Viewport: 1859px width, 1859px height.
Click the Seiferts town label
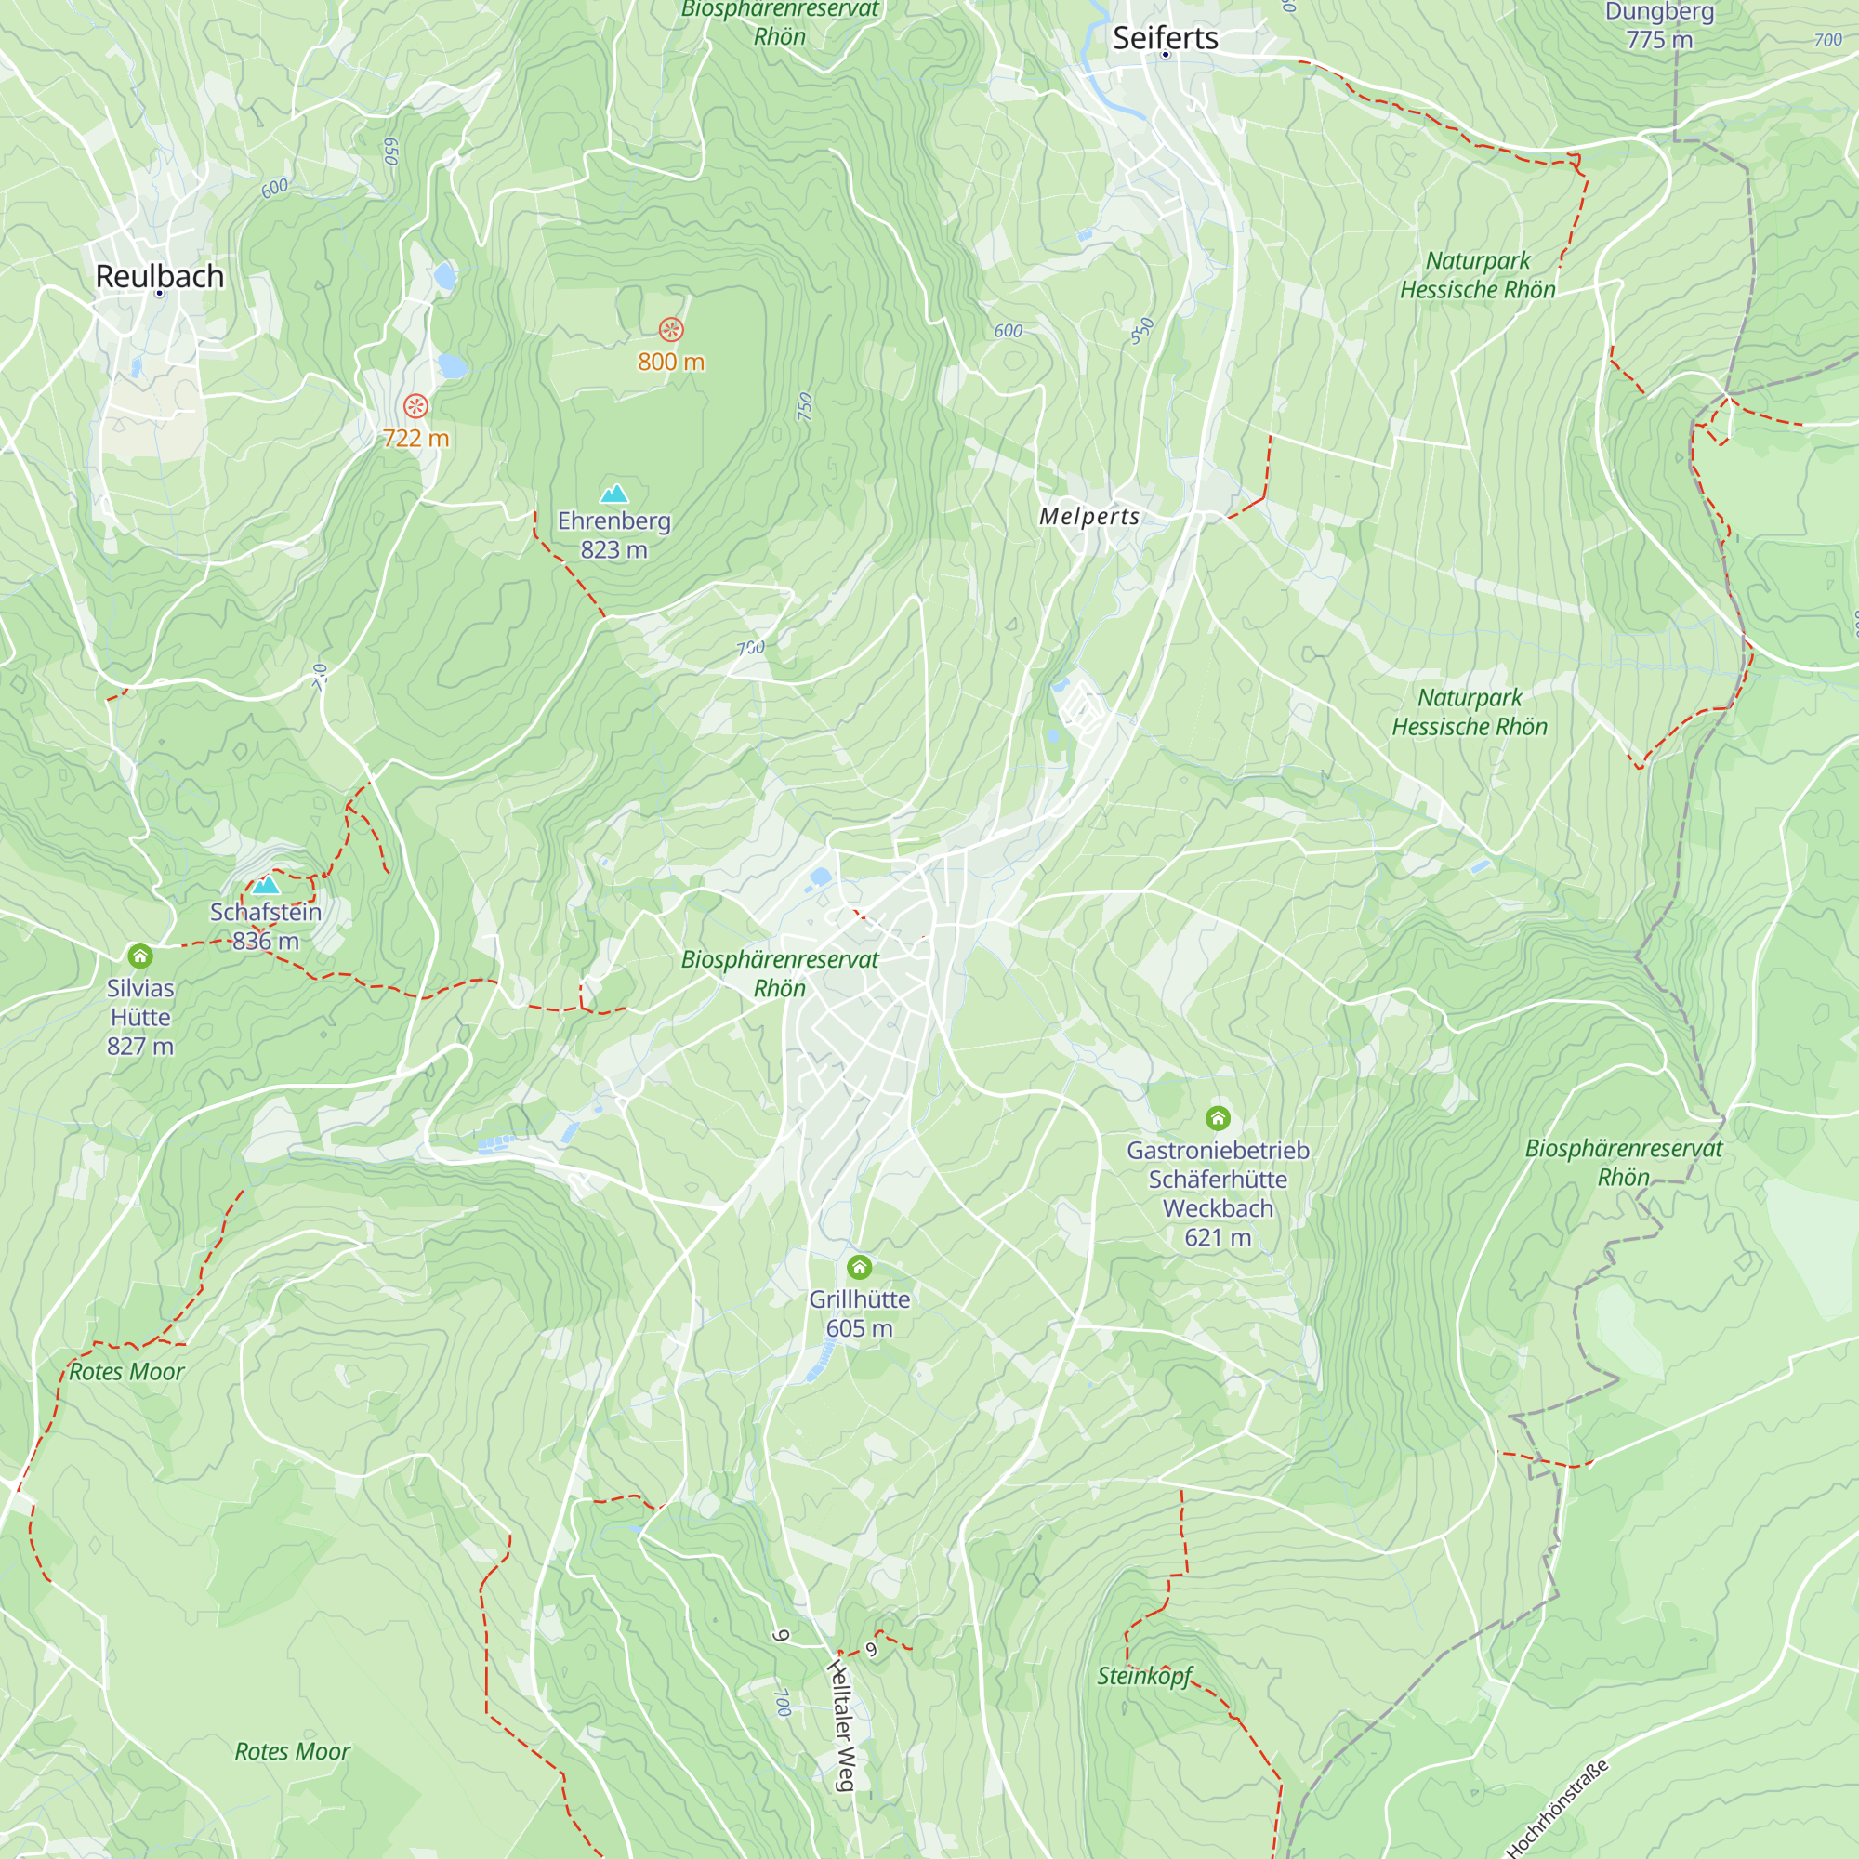(1166, 37)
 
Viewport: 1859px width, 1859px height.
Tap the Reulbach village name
(160, 276)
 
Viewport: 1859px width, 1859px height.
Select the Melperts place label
(1089, 517)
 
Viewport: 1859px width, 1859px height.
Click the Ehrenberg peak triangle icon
(613, 494)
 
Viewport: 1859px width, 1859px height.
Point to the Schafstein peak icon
(267, 884)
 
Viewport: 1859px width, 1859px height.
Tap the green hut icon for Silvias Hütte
(140, 956)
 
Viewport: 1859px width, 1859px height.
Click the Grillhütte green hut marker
(859, 1266)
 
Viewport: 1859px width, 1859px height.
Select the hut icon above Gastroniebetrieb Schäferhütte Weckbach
(1219, 1117)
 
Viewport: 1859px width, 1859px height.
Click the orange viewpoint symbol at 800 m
(671, 330)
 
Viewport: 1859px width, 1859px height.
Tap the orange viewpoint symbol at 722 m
(415, 406)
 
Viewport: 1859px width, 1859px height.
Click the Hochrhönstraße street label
(1557, 1809)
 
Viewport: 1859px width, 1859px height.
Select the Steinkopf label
(1145, 1675)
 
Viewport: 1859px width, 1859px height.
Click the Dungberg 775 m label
(1660, 26)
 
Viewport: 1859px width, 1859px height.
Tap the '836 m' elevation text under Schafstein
(266, 941)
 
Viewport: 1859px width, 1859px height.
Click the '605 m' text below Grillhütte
(859, 1328)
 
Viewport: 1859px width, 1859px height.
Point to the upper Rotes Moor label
(126, 1371)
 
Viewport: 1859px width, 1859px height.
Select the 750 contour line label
(805, 407)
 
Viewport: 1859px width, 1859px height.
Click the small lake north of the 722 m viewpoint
(453, 365)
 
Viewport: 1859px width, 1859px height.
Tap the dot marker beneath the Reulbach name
(160, 294)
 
